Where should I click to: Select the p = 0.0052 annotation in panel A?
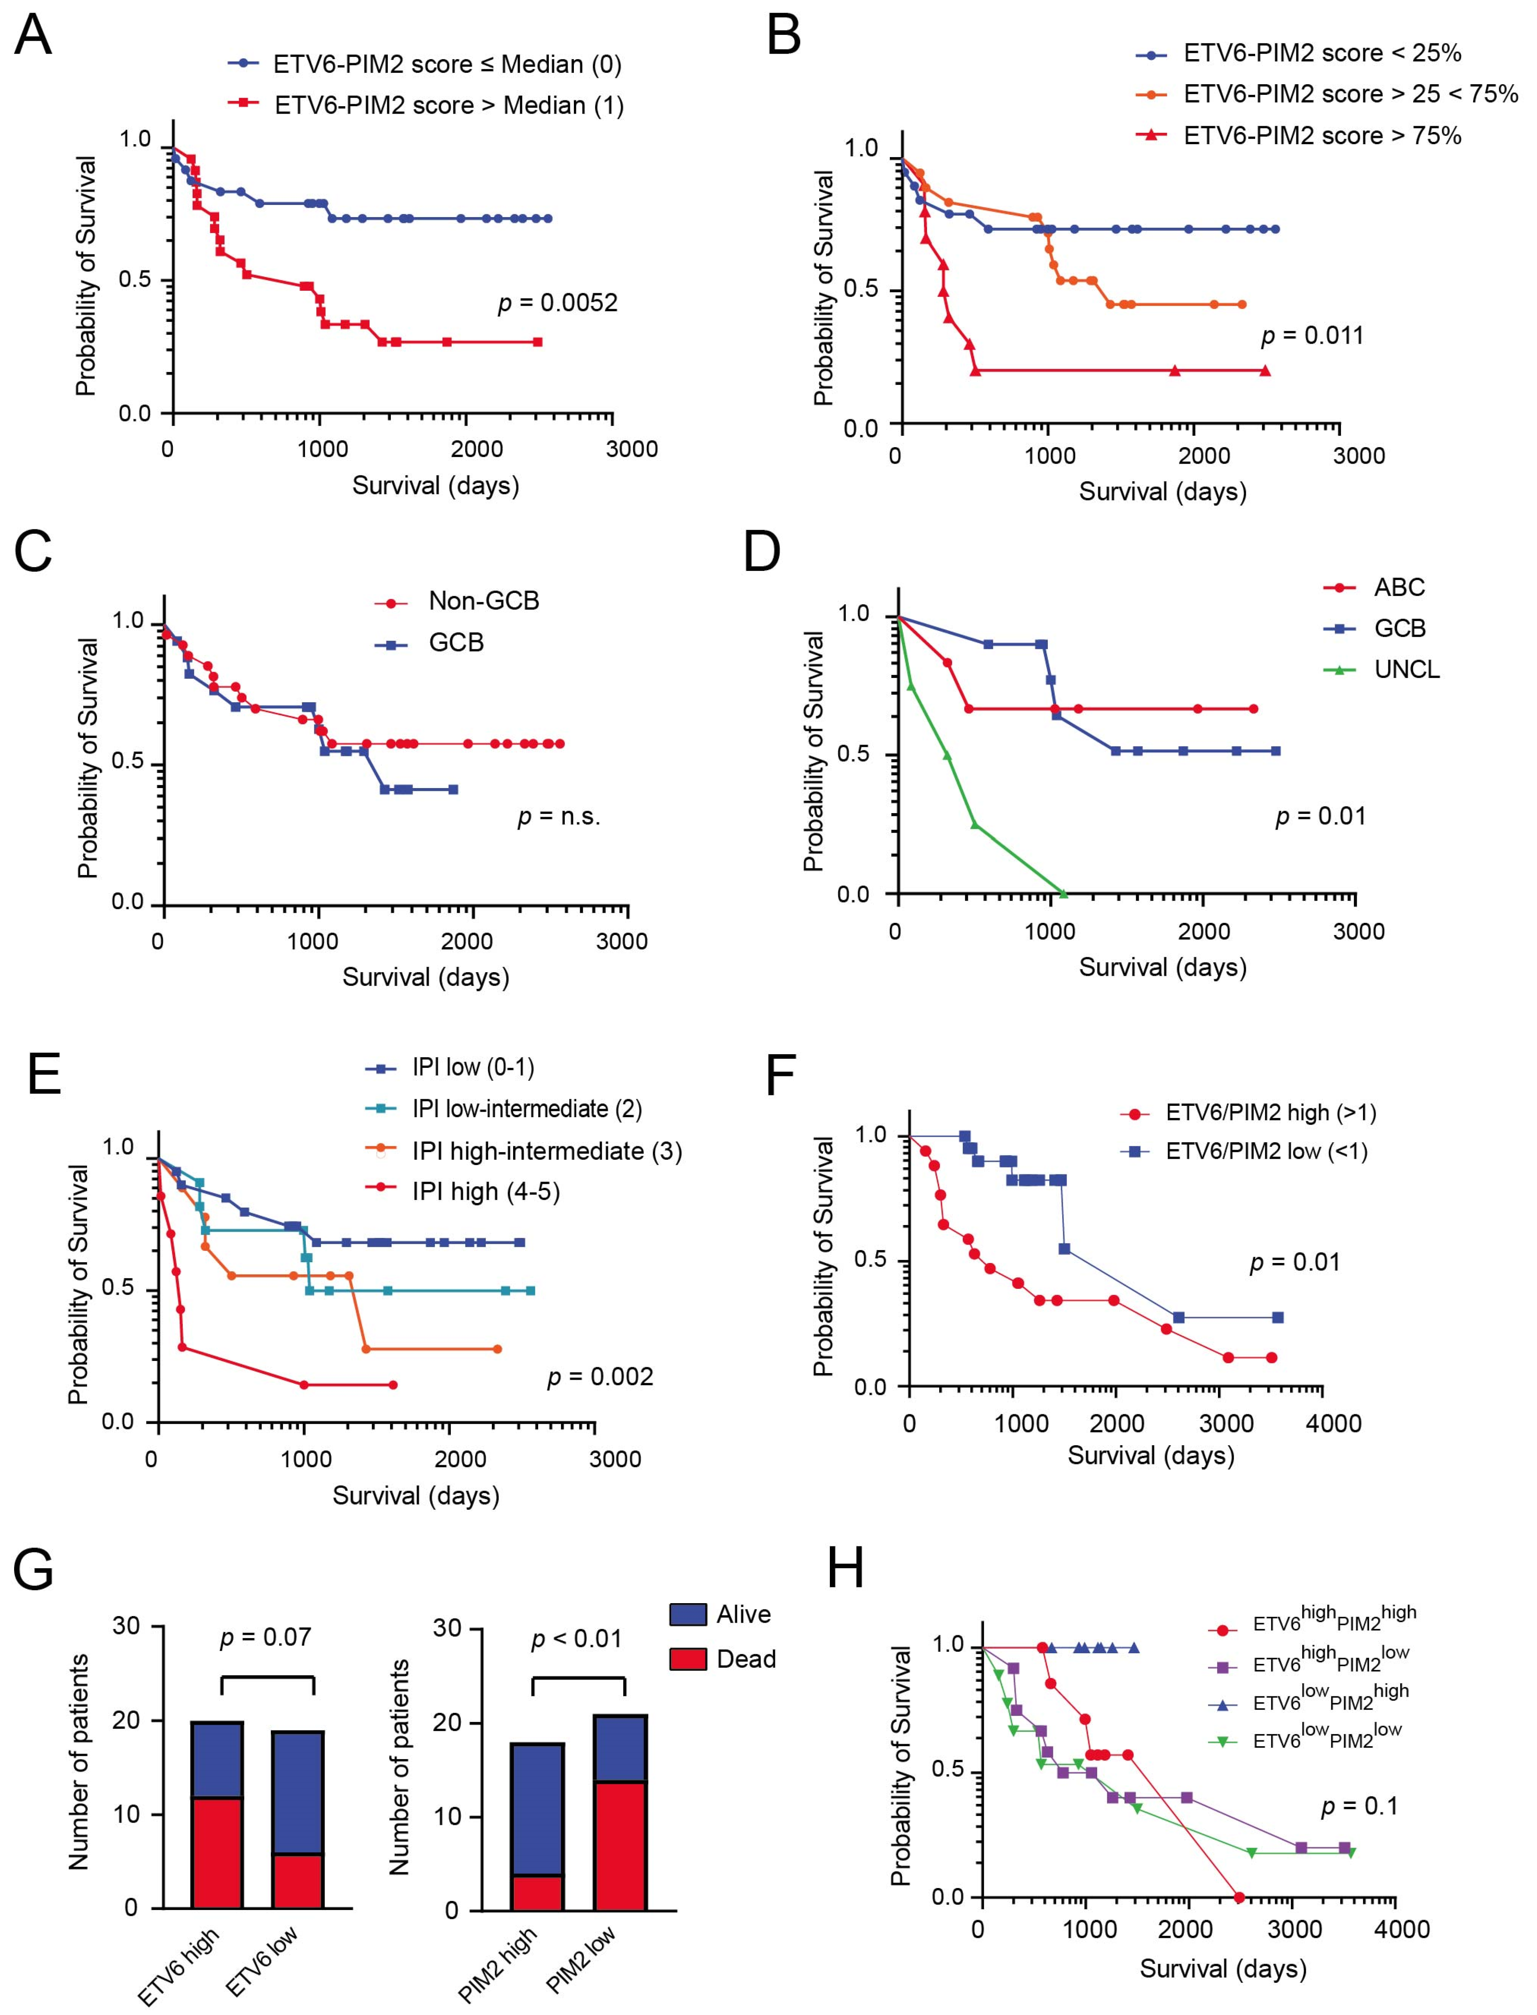557,303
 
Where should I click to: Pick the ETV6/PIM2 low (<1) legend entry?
1266,1151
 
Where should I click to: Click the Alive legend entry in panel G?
743,1615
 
